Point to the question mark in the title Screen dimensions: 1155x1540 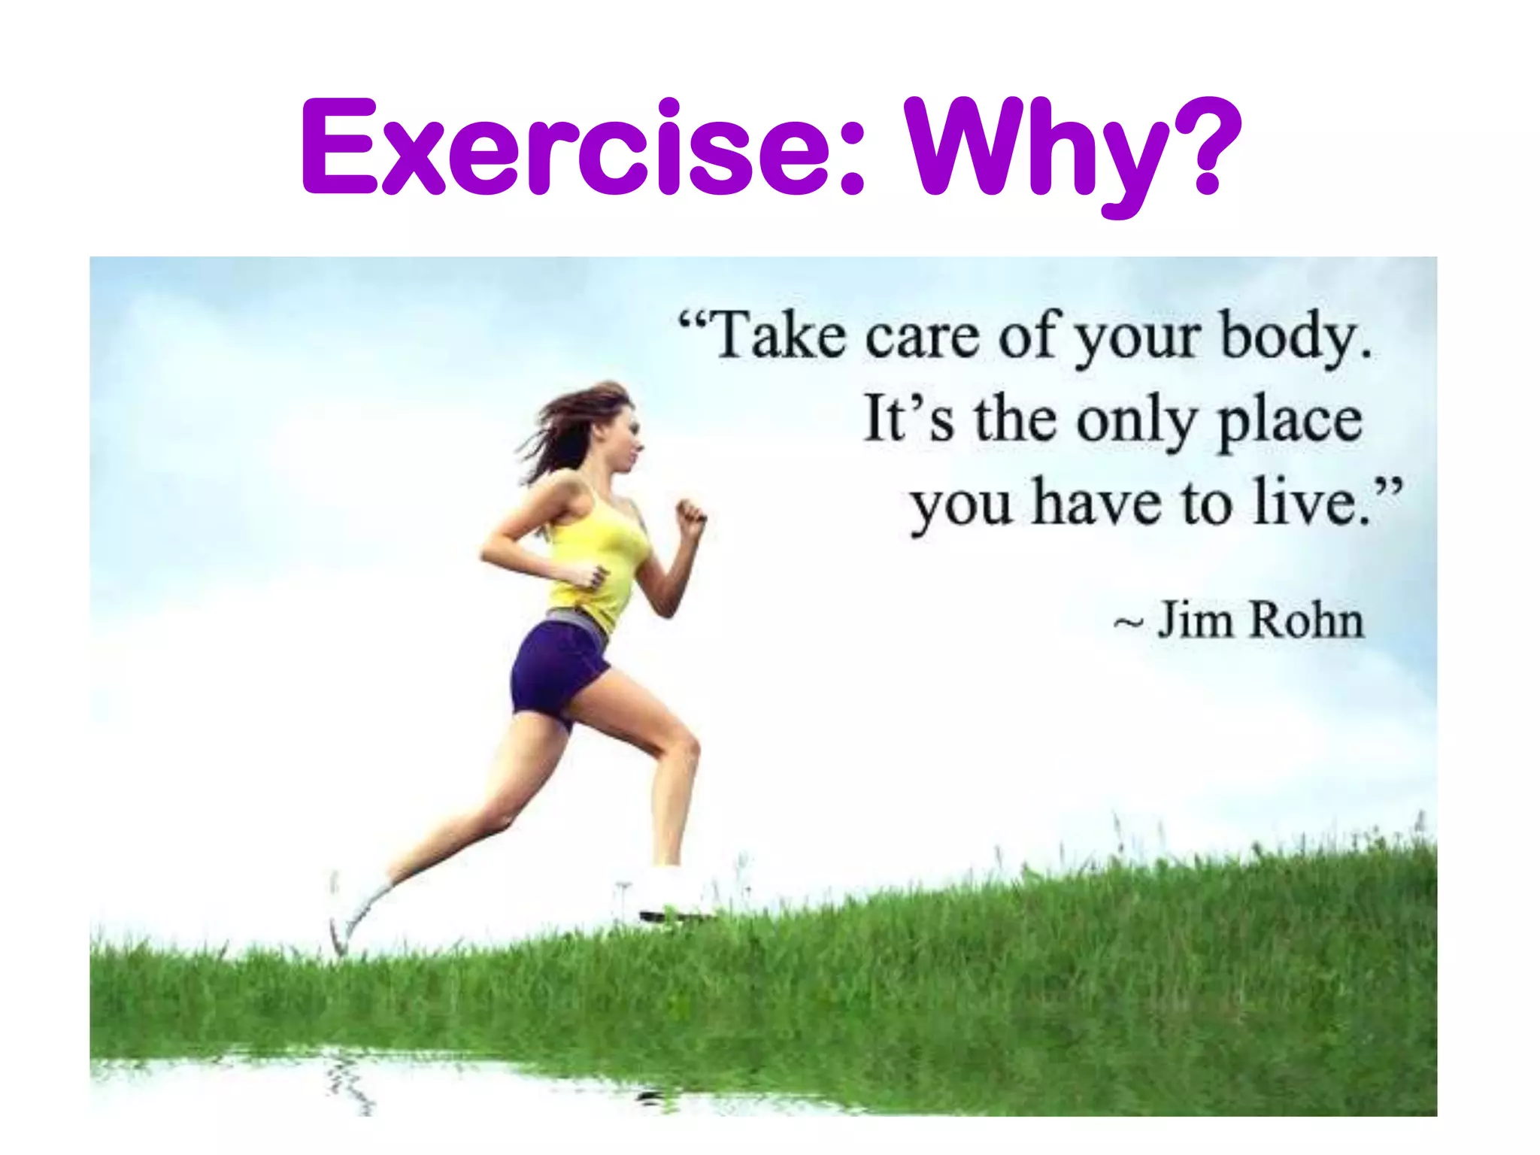[1203, 147]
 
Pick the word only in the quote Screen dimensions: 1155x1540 [1135, 421]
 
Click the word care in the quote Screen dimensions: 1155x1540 [922, 337]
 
